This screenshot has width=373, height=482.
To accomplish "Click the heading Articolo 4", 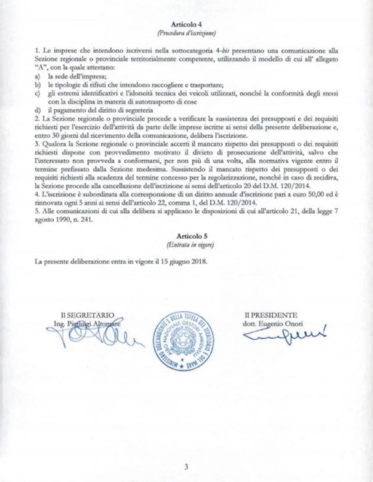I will point(186,25).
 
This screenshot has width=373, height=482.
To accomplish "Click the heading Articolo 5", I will point(186,235).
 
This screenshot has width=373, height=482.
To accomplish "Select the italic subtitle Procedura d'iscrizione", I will point(186,33).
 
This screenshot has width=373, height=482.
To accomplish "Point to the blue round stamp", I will point(187,337).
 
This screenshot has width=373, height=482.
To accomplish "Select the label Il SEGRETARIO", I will point(87,315).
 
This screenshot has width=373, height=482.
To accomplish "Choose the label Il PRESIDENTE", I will point(272,315).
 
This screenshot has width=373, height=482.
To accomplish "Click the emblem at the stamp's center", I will point(187,337).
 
